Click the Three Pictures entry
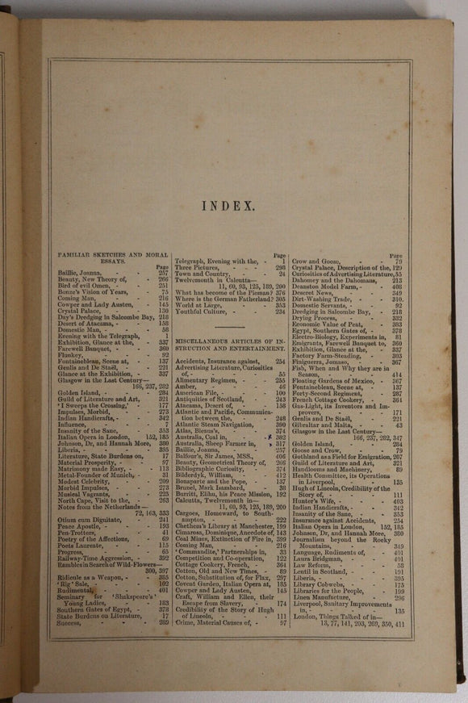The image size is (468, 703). pyautogui.click(x=196, y=267)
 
